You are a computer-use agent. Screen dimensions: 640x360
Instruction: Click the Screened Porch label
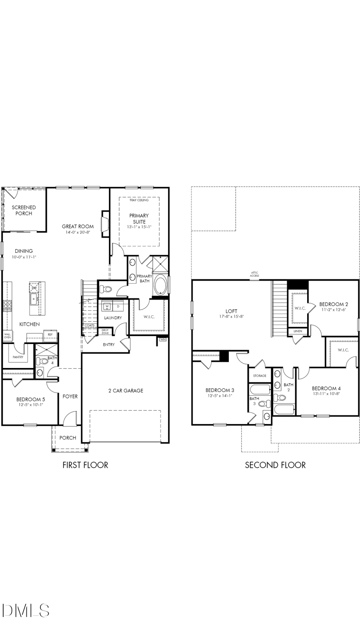(24, 210)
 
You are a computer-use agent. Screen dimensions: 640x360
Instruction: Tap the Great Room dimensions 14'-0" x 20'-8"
(78, 232)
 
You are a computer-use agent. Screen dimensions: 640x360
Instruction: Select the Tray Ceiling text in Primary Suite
(139, 200)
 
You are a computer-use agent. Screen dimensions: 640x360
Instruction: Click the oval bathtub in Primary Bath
(160, 285)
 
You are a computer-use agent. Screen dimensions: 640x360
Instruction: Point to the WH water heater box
(162, 340)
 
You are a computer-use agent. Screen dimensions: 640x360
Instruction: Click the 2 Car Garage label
(126, 391)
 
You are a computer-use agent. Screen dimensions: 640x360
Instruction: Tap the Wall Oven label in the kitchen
(7, 336)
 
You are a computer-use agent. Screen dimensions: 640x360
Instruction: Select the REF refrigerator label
(50, 334)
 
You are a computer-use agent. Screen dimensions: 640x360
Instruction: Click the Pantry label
(18, 357)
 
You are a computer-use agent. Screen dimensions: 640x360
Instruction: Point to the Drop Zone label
(105, 332)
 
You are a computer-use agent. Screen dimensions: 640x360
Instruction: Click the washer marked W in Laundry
(107, 306)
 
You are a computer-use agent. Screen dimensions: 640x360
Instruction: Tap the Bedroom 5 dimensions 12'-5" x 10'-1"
(30, 405)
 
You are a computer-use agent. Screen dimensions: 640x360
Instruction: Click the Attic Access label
(254, 275)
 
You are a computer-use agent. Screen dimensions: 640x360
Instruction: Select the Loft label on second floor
(231, 311)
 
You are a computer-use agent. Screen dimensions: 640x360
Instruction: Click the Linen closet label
(298, 331)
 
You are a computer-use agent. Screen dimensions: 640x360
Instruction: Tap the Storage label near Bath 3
(260, 376)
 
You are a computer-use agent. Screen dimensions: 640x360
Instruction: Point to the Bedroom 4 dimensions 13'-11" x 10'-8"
(326, 394)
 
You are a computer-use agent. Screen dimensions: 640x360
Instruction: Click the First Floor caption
(85, 465)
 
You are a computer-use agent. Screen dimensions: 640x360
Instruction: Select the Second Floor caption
(275, 465)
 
